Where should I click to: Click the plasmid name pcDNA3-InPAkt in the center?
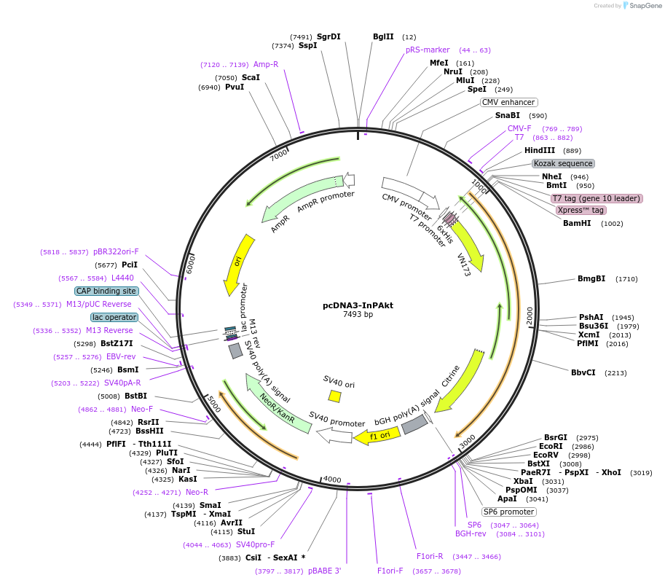358,305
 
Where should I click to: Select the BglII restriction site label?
383,36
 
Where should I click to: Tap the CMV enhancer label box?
508,102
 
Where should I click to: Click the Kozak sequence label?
563,163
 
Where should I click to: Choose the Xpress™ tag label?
580,210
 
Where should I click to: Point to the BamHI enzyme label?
577,223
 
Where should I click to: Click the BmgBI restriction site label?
591,278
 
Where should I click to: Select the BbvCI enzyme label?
583,372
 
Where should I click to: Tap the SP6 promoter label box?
508,511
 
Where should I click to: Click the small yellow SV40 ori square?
334,396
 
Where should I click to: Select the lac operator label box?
114,317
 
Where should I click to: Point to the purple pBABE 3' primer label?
324,571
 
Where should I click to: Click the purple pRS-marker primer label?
428,50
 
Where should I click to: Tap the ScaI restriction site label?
251,77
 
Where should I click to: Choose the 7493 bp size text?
358,315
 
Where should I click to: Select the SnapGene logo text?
644,5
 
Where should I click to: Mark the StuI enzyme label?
246,531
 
